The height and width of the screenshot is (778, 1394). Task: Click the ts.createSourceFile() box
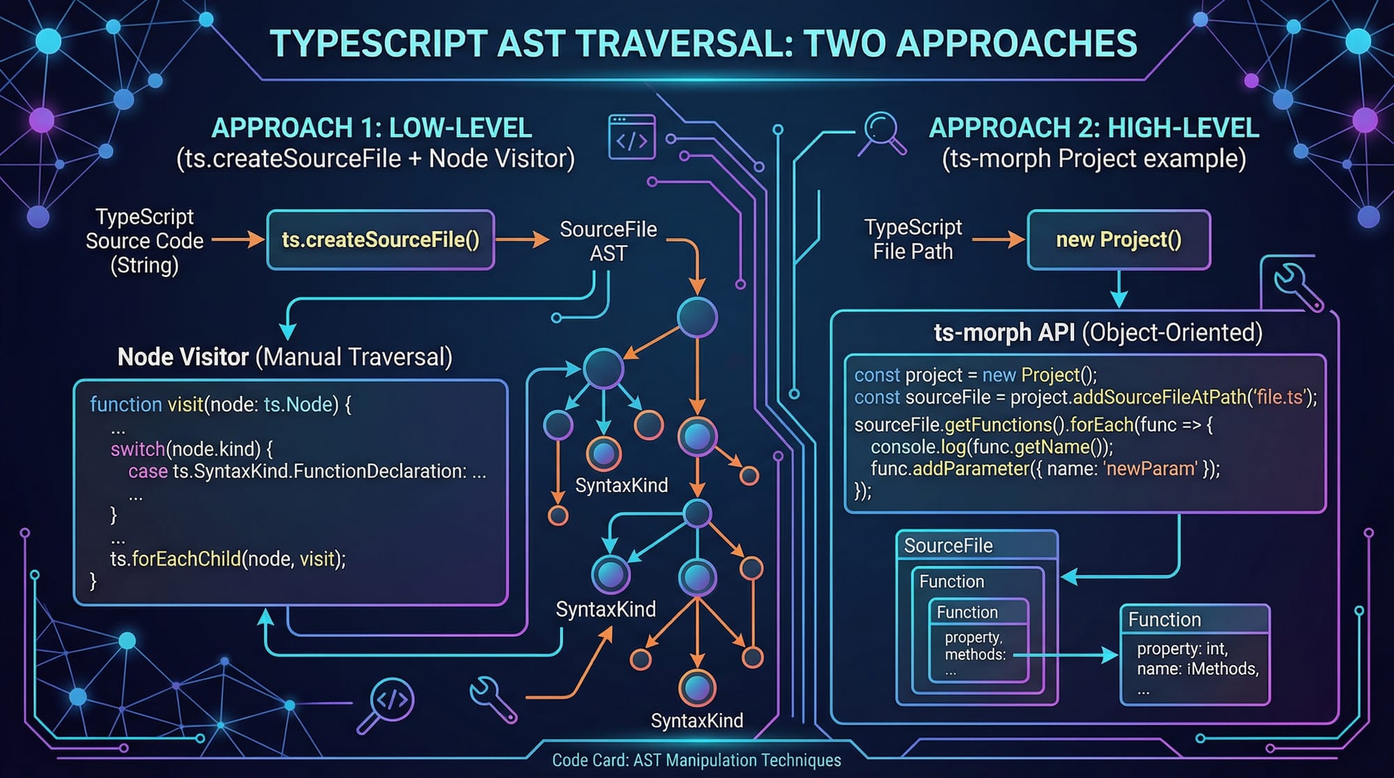[x=381, y=240]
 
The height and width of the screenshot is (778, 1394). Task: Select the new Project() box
[x=1119, y=240]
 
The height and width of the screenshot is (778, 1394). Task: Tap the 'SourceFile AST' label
[x=608, y=241]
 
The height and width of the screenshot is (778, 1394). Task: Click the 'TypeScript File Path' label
[x=913, y=239]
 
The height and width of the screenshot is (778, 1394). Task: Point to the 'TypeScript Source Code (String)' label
[x=144, y=241]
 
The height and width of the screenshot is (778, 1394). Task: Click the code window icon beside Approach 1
[x=631, y=137]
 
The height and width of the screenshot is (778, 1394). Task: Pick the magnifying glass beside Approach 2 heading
[x=883, y=132]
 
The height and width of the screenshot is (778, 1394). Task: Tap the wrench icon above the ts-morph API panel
[x=1296, y=286]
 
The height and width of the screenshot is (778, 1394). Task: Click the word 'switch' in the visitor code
[x=137, y=449]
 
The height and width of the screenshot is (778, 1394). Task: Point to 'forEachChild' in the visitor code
[x=185, y=559]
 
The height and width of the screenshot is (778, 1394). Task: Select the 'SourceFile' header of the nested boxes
[x=948, y=546]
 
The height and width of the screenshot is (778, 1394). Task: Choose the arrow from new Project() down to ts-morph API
[x=1119, y=289]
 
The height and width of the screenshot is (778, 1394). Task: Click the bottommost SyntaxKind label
[x=697, y=721]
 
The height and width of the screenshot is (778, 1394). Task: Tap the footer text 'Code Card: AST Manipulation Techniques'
[x=696, y=761]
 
